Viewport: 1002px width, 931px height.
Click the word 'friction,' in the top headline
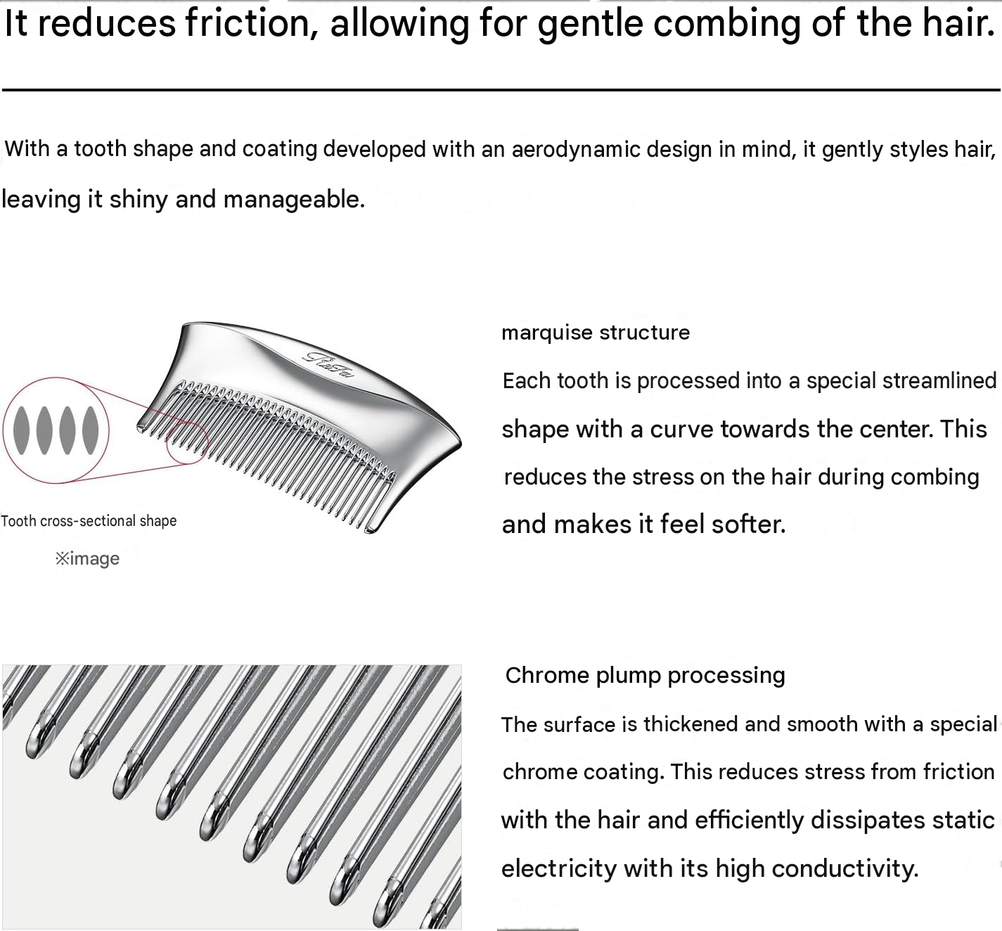(x=251, y=23)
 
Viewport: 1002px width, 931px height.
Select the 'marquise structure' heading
(x=596, y=333)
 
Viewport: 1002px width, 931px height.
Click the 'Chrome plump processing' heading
(x=645, y=676)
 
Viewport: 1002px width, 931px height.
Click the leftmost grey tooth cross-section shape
(x=21, y=430)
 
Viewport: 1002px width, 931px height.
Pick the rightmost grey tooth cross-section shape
(x=90, y=430)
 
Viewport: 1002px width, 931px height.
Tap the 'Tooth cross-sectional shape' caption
(x=89, y=521)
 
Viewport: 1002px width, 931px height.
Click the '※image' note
(x=87, y=558)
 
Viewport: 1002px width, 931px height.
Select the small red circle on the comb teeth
(x=167, y=444)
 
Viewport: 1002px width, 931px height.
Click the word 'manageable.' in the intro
(x=294, y=199)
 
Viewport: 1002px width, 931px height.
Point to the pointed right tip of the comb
(x=461, y=443)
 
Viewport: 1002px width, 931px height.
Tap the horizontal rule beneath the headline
(x=501, y=90)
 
